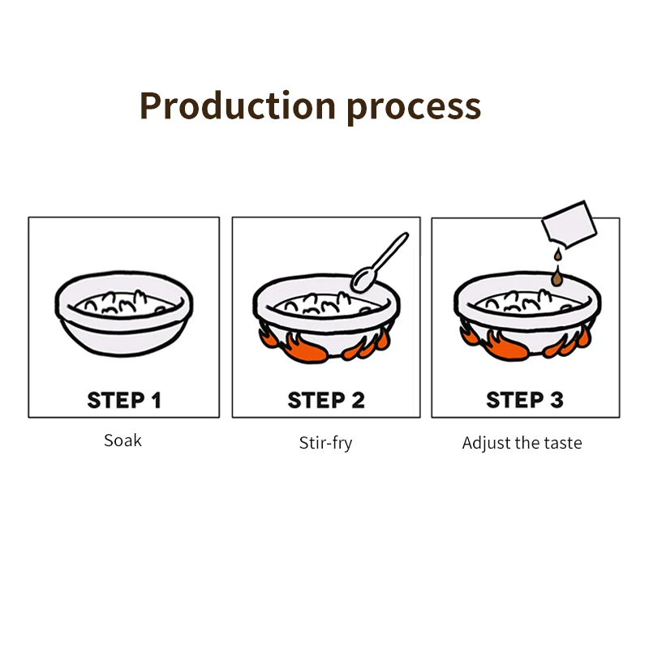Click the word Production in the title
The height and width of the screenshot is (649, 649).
tap(237, 105)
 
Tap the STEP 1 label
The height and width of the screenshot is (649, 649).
tap(124, 400)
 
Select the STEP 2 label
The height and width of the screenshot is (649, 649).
tap(326, 400)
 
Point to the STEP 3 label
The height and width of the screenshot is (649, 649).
tap(525, 400)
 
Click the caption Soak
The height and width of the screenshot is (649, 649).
tap(122, 441)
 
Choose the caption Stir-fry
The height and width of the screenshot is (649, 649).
tap(325, 443)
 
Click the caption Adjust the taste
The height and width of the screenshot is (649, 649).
tap(522, 443)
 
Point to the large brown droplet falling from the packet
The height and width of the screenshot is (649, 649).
tap(557, 278)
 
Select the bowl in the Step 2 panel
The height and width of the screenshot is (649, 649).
tap(325, 312)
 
